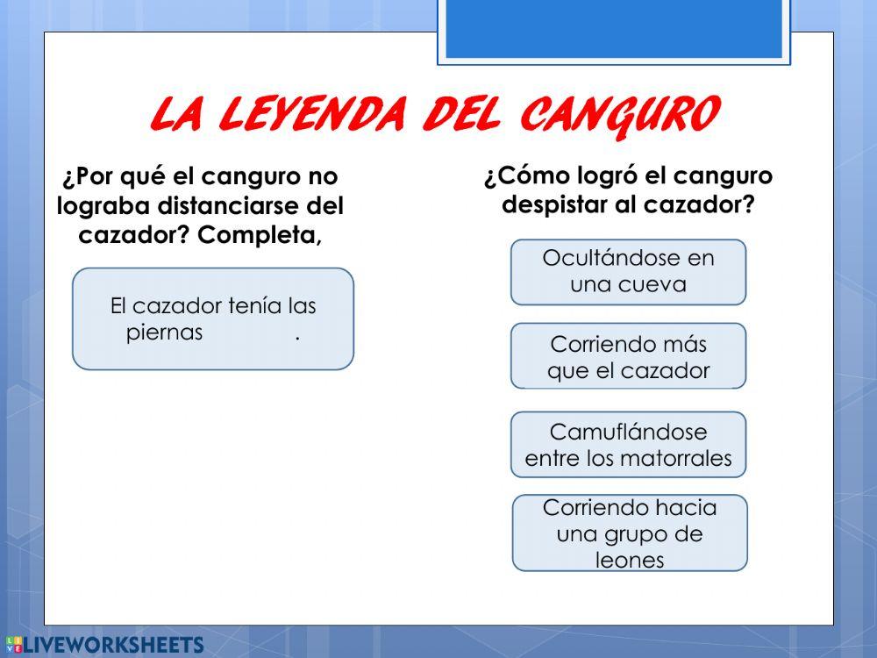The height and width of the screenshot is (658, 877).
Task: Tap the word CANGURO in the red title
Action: point(619,115)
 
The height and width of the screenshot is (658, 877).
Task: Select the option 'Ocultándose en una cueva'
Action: point(628,271)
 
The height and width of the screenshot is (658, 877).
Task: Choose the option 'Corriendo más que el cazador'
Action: point(628,357)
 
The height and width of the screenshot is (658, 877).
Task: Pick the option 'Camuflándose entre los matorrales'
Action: point(628,445)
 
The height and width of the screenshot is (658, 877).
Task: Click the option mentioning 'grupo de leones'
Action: point(630,533)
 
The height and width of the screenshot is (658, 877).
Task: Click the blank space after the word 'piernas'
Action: point(249,333)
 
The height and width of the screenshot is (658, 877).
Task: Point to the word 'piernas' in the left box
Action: point(165,333)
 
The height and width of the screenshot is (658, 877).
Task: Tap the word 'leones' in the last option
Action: point(630,560)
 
